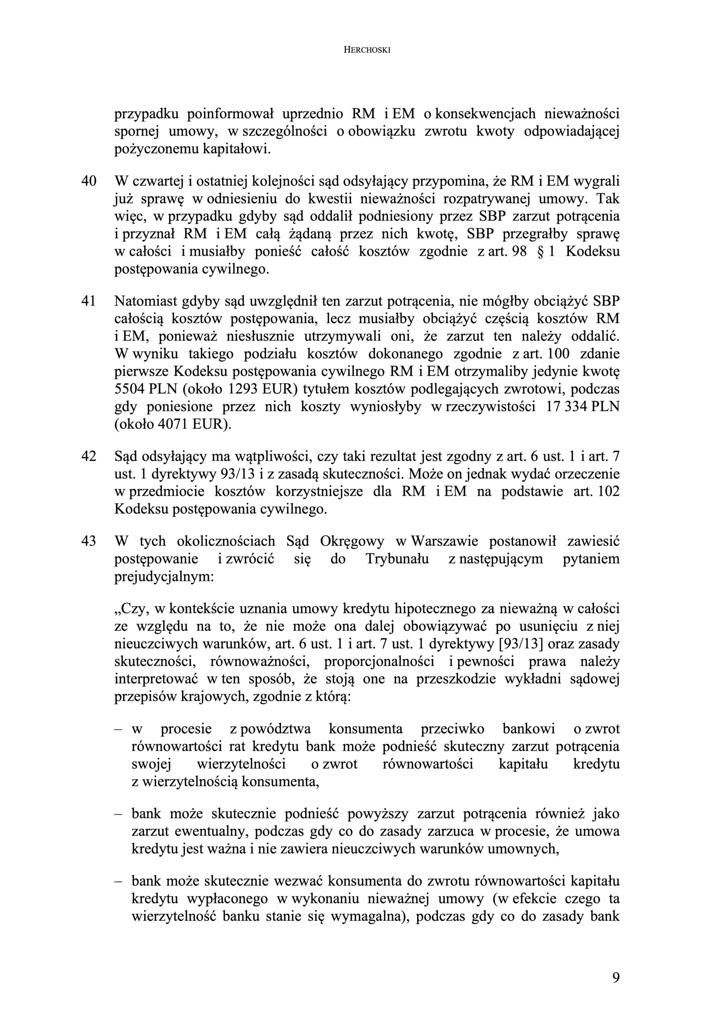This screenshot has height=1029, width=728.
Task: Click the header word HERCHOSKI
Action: tap(367, 50)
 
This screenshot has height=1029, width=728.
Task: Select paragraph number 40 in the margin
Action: tap(88, 181)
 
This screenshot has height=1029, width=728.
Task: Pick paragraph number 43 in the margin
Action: tap(88, 541)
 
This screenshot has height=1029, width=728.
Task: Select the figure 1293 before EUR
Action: tap(243, 389)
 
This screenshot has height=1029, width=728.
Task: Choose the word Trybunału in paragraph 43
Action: tap(397, 559)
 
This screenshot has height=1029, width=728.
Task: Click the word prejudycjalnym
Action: tap(164, 576)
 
